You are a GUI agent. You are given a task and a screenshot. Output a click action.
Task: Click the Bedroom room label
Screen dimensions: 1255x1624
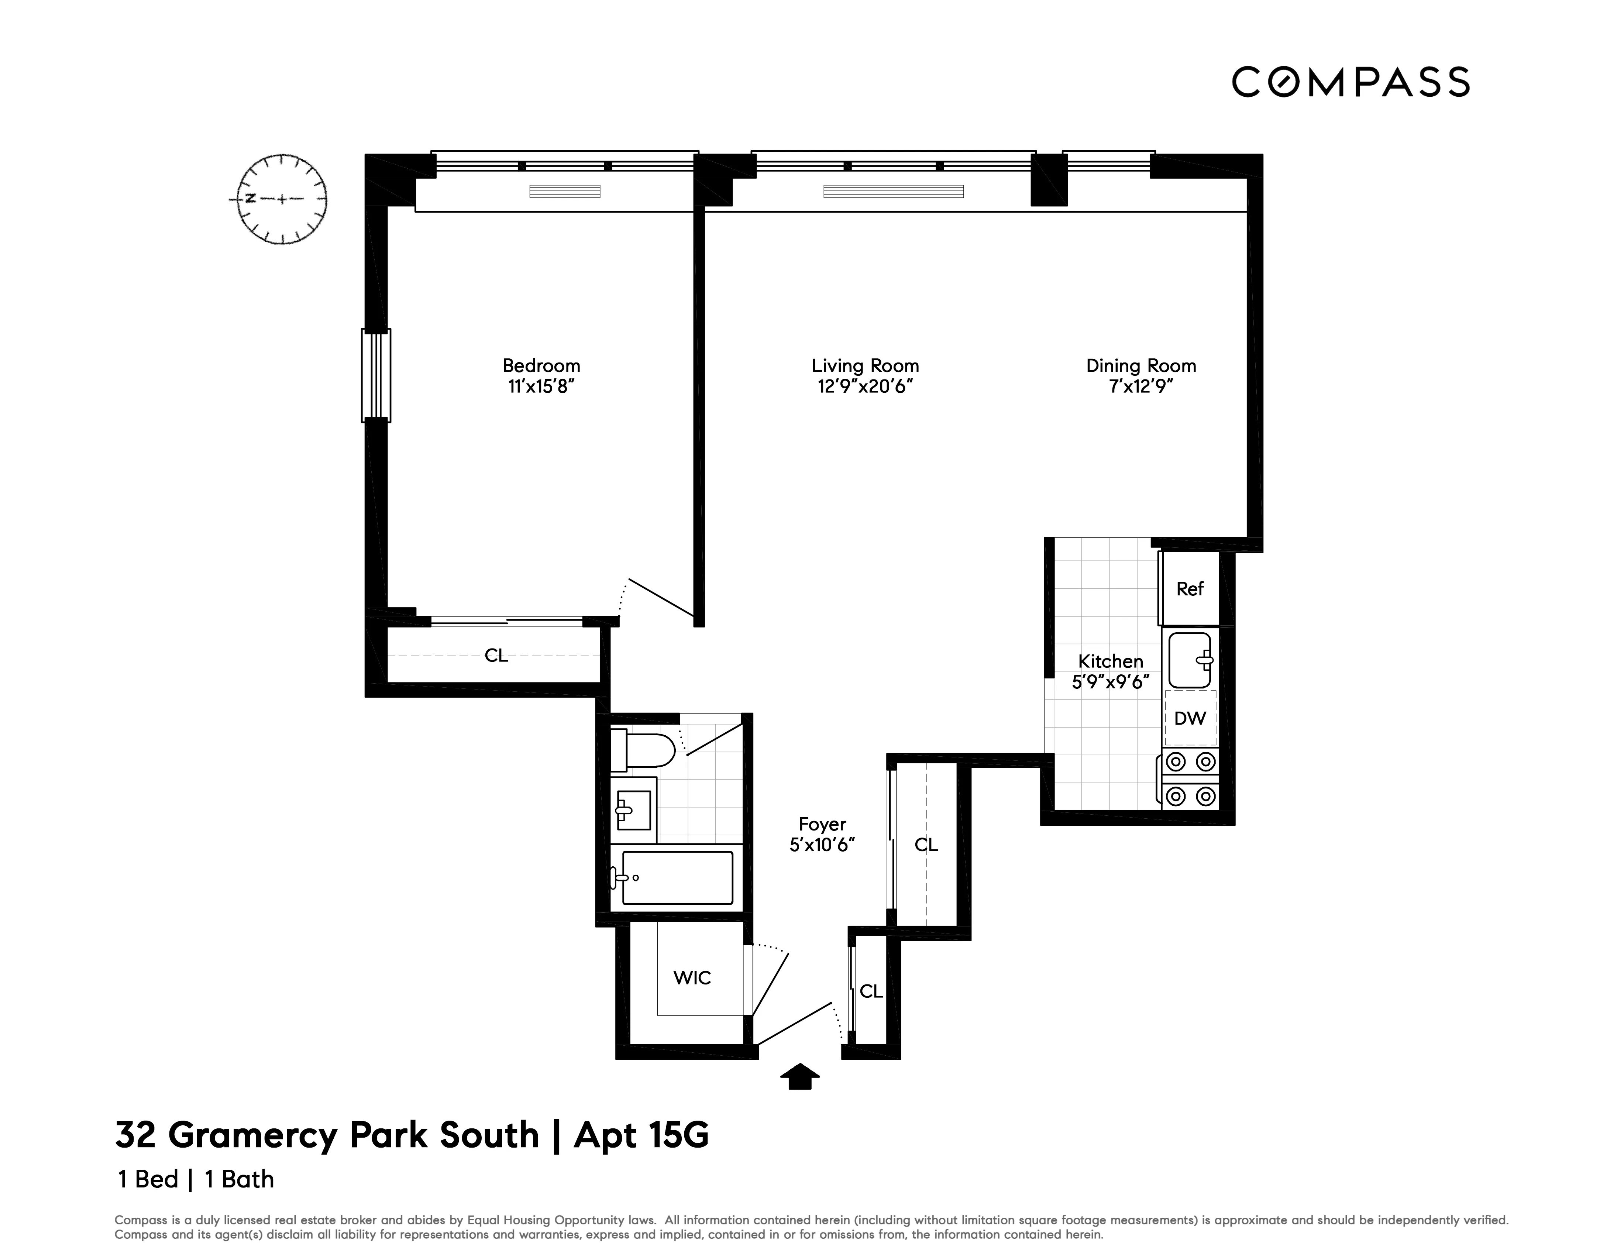click(x=541, y=366)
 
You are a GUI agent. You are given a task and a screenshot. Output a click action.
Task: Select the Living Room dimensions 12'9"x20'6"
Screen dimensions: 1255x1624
click(x=865, y=386)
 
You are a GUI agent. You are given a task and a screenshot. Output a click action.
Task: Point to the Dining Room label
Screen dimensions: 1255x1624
click(x=1140, y=366)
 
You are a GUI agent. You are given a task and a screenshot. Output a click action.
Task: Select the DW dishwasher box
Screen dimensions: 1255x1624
click(x=1190, y=718)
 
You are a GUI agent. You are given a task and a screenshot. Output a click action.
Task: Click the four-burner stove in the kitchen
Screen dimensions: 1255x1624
click(x=1190, y=779)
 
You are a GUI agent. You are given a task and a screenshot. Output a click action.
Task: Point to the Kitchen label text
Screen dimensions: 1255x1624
click(x=1110, y=661)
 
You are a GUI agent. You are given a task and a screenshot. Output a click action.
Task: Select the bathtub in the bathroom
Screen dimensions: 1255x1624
click(x=677, y=878)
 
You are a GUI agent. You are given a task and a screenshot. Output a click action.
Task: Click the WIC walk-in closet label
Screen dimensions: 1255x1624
click(x=692, y=978)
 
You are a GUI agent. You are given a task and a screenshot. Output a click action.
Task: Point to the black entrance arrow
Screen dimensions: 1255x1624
click(x=799, y=1077)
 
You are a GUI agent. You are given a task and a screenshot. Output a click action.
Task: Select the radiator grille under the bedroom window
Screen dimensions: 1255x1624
click(x=564, y=192)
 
